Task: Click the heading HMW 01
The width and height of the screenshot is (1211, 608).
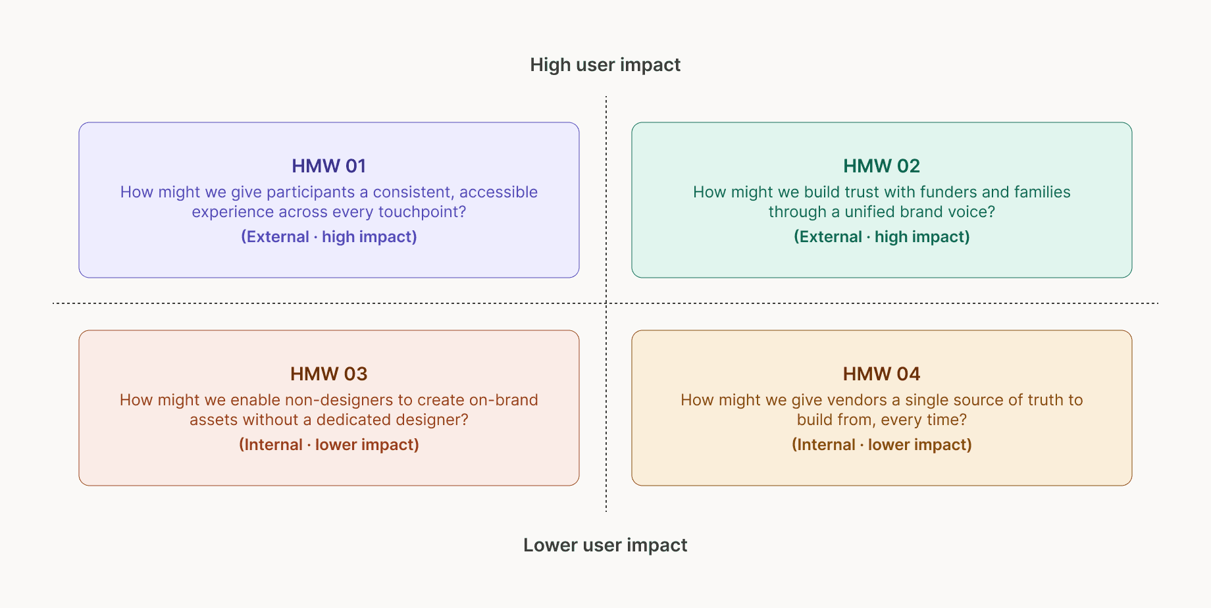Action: click(x=328, y=166)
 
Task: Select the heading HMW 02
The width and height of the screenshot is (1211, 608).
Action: click(x=881, y=166)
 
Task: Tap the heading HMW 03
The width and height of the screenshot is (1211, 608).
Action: click(x=328, y=374)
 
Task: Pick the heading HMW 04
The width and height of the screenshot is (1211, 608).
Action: click(x=881, y=374)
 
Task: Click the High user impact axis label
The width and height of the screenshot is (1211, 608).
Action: click(x=605, y=64)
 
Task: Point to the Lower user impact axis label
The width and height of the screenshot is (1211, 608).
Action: click(x=605, y=545)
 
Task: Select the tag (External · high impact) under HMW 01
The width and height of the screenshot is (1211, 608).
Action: click(x=328, y=237)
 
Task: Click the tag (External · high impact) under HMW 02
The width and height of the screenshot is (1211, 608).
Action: click(x=881, y=237)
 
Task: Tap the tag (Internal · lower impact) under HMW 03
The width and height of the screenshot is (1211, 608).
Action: click(x=328, y=445)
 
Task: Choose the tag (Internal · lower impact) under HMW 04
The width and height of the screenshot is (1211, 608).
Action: click(x=881, y=445)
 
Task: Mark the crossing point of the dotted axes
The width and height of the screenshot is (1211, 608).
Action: click(x=606, y=303)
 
